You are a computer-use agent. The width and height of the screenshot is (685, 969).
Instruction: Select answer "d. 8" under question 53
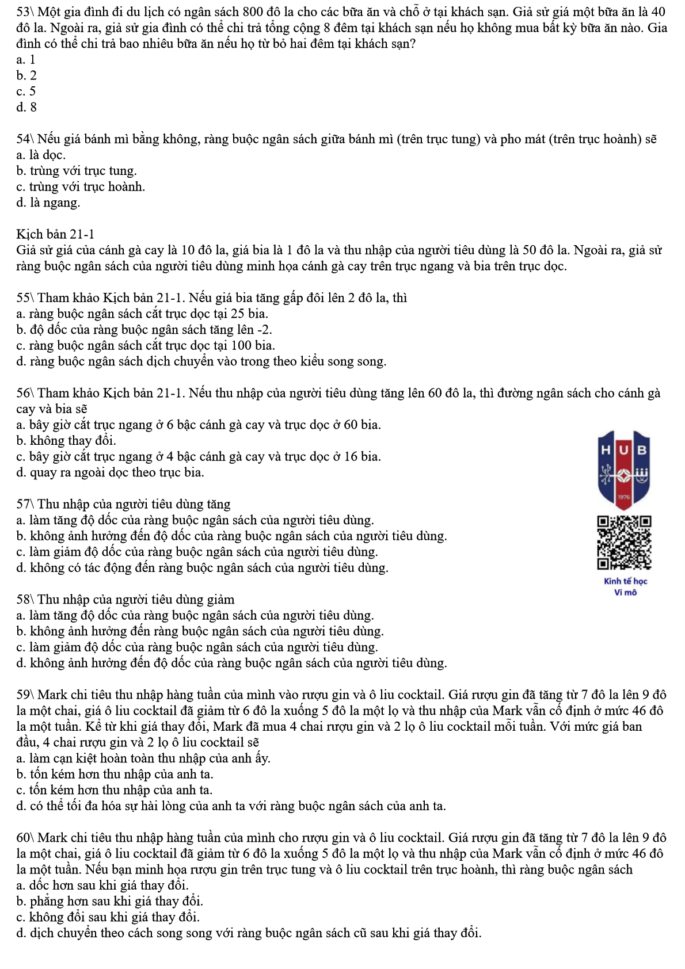click(26, 107)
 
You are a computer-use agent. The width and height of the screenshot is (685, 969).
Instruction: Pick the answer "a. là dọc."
click(41, 155)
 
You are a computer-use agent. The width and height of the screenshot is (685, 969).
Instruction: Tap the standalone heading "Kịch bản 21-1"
click(55, 234)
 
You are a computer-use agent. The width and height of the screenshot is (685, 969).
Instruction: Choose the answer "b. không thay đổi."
click(66, 441)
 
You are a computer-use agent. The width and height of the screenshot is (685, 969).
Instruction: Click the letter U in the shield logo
click(624, 450)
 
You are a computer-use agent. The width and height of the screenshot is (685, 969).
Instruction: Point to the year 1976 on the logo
click(624, 497)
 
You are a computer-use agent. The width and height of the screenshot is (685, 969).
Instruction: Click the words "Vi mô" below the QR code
click(625, 592)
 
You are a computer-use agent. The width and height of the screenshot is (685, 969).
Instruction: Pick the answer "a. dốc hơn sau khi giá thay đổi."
click(102, 885)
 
